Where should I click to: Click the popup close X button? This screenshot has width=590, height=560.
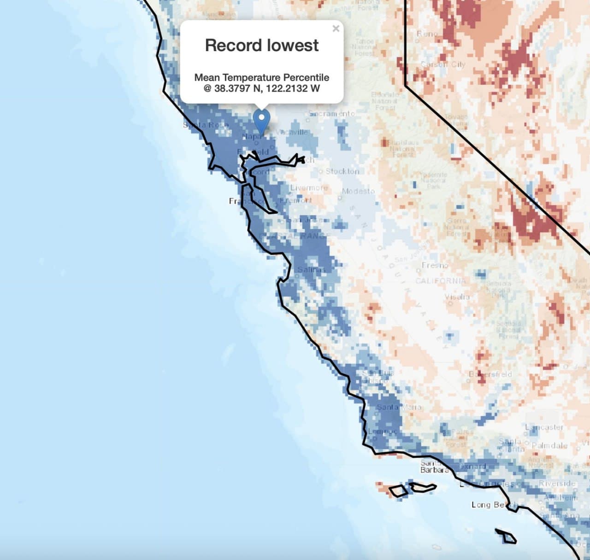336,29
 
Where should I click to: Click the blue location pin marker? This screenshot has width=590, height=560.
261,122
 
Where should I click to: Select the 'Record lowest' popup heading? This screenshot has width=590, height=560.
261,45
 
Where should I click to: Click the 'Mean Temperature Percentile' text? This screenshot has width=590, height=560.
261,77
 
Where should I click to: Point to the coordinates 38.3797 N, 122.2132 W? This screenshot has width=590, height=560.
261,88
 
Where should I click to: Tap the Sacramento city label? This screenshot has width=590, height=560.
332,113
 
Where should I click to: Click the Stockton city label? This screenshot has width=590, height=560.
342,171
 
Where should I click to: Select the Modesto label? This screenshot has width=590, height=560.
358,191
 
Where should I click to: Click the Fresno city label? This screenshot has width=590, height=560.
435,265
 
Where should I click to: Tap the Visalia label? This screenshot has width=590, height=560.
457,297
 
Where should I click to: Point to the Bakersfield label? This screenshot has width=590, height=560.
490,374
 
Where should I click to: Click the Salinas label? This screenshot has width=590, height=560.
311,269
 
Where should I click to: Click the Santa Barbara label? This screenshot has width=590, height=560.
434,467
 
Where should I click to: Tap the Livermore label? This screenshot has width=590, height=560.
309,188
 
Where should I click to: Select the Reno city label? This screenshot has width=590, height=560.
427,34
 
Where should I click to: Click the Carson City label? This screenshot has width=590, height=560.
443,64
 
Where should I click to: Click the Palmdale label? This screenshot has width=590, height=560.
549,445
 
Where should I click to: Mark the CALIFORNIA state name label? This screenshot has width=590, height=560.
441,280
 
